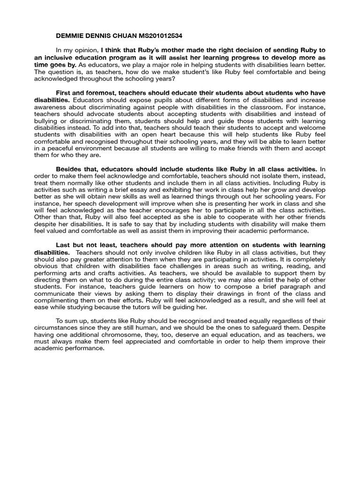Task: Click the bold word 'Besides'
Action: pyautogui.click(x=70, y=168)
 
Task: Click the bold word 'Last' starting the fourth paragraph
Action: pyautogui.click(x=64, y=245)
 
